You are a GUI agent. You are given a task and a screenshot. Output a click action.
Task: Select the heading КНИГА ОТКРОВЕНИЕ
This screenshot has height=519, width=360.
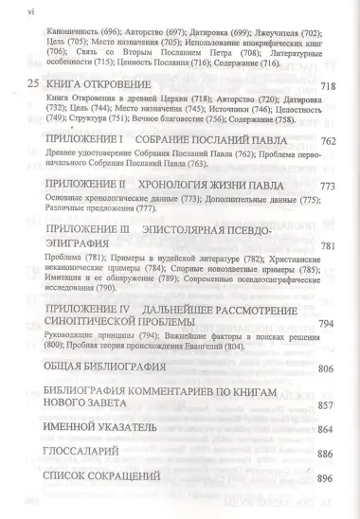coord(100,84)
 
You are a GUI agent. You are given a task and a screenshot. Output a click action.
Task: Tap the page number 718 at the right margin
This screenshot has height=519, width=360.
coord(328,86)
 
